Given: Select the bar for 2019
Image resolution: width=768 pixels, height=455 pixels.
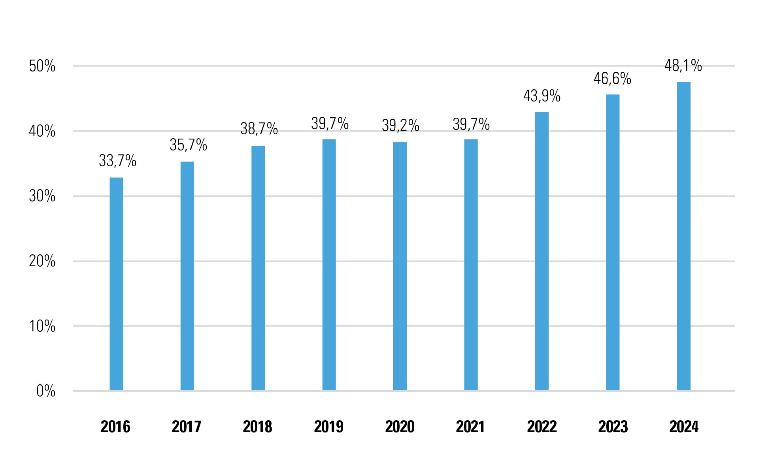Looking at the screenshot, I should pos(329,265).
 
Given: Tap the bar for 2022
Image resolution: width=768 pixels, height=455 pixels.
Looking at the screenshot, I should pos(542,251).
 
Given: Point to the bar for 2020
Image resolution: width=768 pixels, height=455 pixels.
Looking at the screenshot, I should pos(400,266).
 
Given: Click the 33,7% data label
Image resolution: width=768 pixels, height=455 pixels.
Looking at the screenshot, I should pos(117,161).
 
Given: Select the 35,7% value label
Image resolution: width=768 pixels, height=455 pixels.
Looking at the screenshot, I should pos(188,145).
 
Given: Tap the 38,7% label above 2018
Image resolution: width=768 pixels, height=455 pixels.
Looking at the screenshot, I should pos(259,129).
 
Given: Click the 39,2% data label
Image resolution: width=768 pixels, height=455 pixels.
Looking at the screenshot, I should pos(400,126).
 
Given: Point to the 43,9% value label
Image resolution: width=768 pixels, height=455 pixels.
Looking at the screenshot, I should pos(542,96).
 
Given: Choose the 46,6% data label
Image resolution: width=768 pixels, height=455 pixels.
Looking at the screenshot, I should pos(612,79).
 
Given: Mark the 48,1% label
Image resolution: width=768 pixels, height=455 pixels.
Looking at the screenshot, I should pos(683,66).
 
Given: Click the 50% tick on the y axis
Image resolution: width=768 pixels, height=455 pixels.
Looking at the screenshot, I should pos(42,66).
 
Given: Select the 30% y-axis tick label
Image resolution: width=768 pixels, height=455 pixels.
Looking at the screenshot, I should pos(42,196).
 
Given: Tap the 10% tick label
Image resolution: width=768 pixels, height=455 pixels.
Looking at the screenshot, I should pos(42,326).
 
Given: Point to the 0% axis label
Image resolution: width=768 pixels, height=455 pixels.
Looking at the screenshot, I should pos(45,391).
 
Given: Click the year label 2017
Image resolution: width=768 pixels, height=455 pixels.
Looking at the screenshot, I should pos(186,427).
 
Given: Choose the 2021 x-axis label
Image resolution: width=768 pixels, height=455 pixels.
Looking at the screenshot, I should pos(470,427).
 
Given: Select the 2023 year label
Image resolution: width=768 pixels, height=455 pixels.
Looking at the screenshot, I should pos(613,427).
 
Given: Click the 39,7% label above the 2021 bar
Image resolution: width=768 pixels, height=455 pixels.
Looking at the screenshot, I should pos(471,124).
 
